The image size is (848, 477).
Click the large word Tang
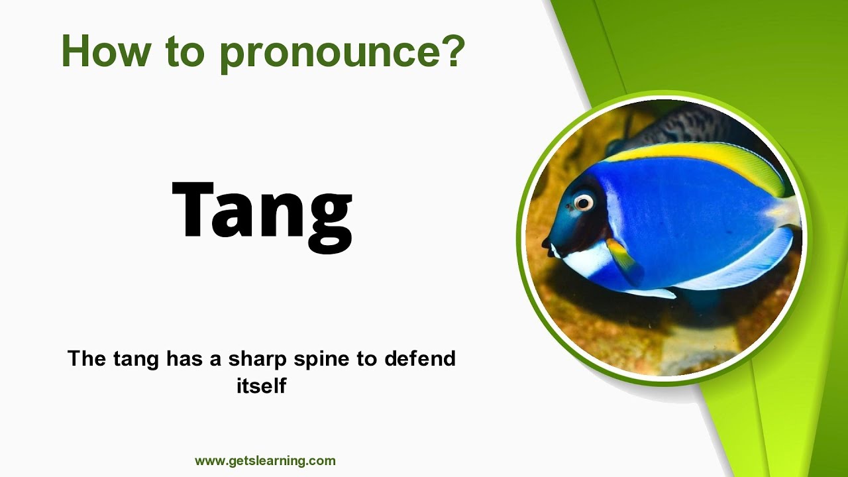tap(262, 211)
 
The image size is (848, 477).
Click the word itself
tap(261, 385)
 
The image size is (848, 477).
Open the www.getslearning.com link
tap(265, 460)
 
